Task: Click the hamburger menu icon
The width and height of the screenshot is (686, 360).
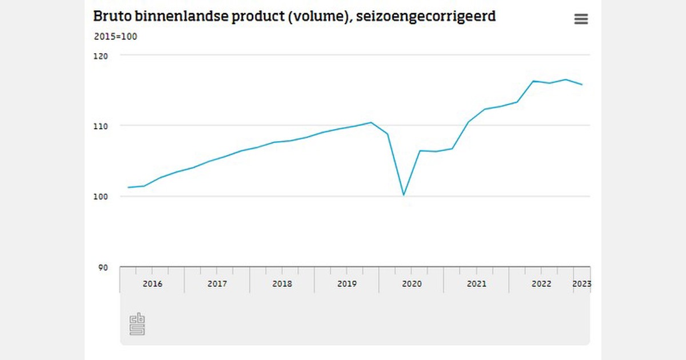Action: [x=581, y=19]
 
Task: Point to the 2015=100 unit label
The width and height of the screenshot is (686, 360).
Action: [x=115, y=37]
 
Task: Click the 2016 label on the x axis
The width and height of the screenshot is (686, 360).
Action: [x=153, y=284]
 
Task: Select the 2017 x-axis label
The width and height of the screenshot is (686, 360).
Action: [x=217, y=284]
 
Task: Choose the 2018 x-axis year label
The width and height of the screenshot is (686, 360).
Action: [x=282, y=284]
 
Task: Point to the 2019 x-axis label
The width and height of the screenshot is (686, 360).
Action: [x=347, y=284]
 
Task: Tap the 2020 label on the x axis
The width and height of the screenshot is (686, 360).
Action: [x=412, y=284]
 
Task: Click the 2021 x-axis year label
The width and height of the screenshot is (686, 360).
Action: [x=477, y=284]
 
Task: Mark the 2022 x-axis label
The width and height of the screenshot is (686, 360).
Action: [x=541, y=284]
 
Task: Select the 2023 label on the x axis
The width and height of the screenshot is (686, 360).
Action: [x=582, y=284]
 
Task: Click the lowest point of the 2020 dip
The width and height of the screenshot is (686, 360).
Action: [x=404, y=195]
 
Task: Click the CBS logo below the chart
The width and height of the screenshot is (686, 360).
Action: [x=137, y=324]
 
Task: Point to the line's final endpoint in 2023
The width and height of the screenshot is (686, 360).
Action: [x=582, y=85]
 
